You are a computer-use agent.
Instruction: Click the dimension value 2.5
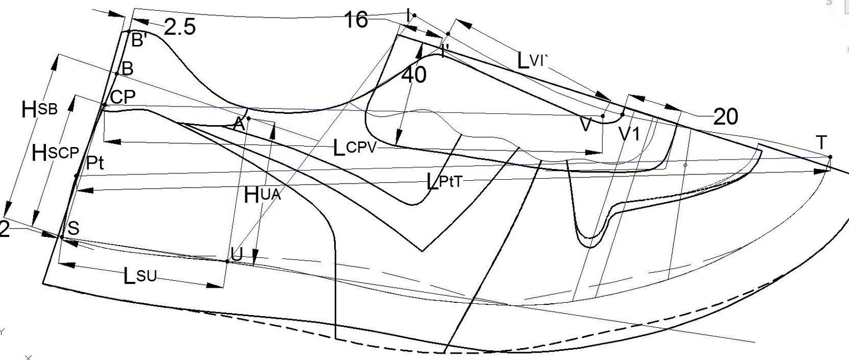click(180, 27)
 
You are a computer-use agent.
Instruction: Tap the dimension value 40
click(413, 75)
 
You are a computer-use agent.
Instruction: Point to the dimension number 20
click(725, 117)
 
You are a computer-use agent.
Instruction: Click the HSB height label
click(40, 110)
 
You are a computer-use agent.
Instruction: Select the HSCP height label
click(56, 154)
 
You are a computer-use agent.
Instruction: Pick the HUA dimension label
click(263, 195)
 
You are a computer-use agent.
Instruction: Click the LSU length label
click(140, 276)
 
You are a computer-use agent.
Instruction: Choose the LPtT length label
click(444, 182)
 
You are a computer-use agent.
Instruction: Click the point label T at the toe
click(821, 143)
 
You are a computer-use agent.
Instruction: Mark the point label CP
click(122, 97)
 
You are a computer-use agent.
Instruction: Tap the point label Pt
click(95, 163)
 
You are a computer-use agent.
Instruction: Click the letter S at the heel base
click(73, 229)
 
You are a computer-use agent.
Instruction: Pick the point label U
click(236, 255)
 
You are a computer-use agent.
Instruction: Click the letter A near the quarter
click(238, 124)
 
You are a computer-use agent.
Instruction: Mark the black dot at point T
click(830, 157)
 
